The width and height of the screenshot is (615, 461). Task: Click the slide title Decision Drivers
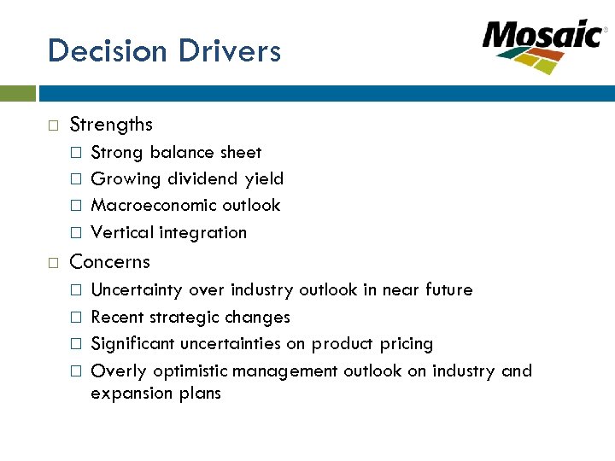[x=164, y=51]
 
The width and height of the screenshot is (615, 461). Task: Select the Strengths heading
[x=111, y=125]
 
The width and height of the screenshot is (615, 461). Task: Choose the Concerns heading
[x=109, y=262]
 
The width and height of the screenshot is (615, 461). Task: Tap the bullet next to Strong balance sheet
[x=76, y=153]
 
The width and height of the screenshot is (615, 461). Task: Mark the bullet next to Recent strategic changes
[x=76, y=318]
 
